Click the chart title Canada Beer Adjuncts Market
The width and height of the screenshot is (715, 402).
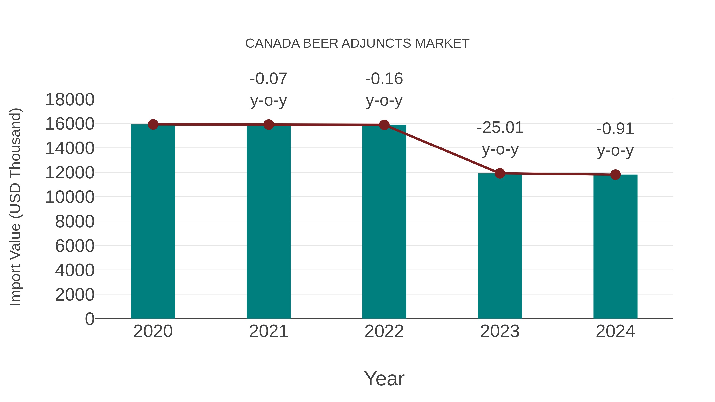[x=357, y=43]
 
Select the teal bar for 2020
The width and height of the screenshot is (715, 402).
[x=153, y=222]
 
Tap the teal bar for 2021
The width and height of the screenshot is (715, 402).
[x=268, y=222]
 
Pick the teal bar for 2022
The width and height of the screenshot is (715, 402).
[x=384, y=222]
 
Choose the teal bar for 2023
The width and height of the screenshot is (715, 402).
[x=500, y=247]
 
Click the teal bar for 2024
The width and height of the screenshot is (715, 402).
[x=615, y=247]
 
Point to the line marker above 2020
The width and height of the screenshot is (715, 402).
[x=153, y=124]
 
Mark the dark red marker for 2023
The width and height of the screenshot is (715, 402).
[x=500, y=173]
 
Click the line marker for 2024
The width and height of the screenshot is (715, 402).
[x=615, y=174]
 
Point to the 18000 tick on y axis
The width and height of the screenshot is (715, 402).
[x=70, y=100]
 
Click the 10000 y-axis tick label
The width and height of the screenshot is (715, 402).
[x=70, y=197]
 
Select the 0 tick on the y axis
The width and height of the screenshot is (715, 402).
[x=90, y=319]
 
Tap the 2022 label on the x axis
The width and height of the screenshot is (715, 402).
[x=384, y=331]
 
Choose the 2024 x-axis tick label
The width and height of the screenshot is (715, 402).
[x=615, y=331]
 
